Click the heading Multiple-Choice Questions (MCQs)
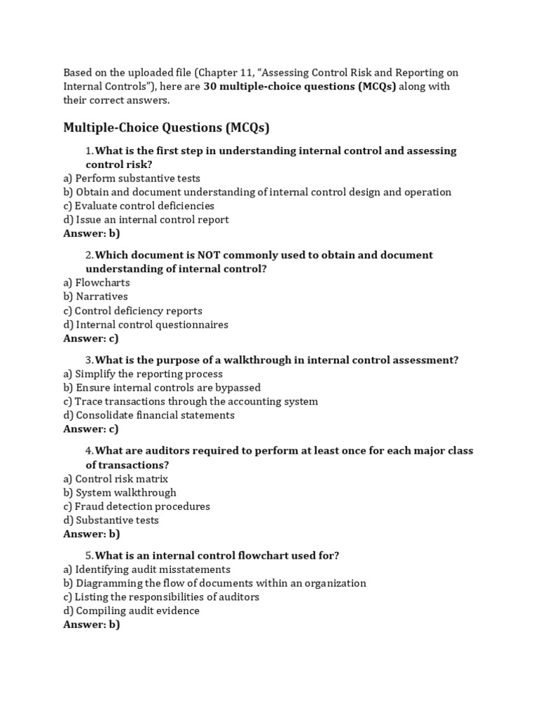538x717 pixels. (x=166, y=127)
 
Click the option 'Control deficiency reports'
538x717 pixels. (x=132, y=311)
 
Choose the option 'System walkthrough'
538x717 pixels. (x=120, y=492)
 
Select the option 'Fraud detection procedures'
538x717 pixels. (x=137, y=506)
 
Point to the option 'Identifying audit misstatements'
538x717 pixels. (x=146, y=569)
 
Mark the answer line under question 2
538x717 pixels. (x=91, y=338)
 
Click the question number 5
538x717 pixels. (x=89, y=556)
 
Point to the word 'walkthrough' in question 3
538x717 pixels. (x=251, y=361)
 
